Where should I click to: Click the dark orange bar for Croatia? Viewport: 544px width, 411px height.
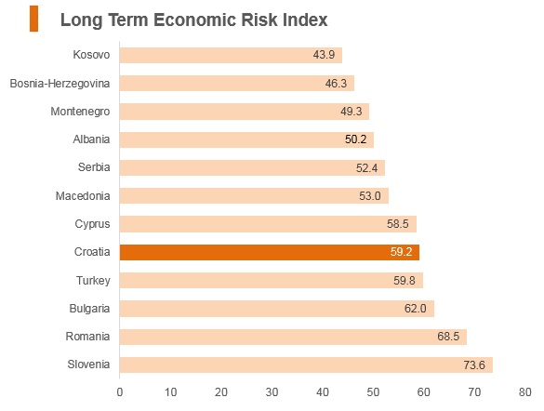pyautogui.click(x=270, y=252)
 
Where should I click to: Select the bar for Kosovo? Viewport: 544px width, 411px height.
pyautogui.click(x=231, y=55)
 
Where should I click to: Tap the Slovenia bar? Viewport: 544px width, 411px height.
pyautogui.click(x=306, y=365)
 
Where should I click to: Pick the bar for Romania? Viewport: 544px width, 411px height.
pyautogui.click(x=294, y=337)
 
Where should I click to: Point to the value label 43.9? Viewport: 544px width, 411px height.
pyautogui.click(x=324, y=55)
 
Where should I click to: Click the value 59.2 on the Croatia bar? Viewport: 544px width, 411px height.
pyautogui.click(x=401, y=251)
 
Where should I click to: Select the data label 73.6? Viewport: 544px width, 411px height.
pyautogui.click(x=474, y=365)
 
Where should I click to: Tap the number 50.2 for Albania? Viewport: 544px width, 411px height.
pyautogui.click(x=355, y=139)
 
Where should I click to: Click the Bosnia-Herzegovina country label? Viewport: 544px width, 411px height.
pyautogui.click(x=60, y=84)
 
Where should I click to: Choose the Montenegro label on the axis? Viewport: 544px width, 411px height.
pyautogui.click(x=80, y=112)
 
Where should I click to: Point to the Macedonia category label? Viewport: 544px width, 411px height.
pyautogui.click(x=83, y=196)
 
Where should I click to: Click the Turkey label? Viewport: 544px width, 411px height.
pyautogui.click(x=93, y=281)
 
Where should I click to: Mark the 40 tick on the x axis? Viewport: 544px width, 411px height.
pyautogui.click(x=323, y=392)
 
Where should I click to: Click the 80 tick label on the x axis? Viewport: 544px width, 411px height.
pyautogui.click(x=524, y=392)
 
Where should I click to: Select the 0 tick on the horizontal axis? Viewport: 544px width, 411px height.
pyautogui.click(x=120, y=392)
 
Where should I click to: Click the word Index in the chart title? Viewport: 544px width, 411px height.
pyautogui.click(x=305, y=20)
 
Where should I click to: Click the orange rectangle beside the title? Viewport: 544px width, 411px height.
pyautogui.click(x=34, y=19)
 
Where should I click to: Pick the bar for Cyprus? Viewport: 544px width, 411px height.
pyautogui.click(x=268, y=224)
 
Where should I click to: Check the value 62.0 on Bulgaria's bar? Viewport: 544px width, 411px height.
pyautogui.click(x=416, y=309)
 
